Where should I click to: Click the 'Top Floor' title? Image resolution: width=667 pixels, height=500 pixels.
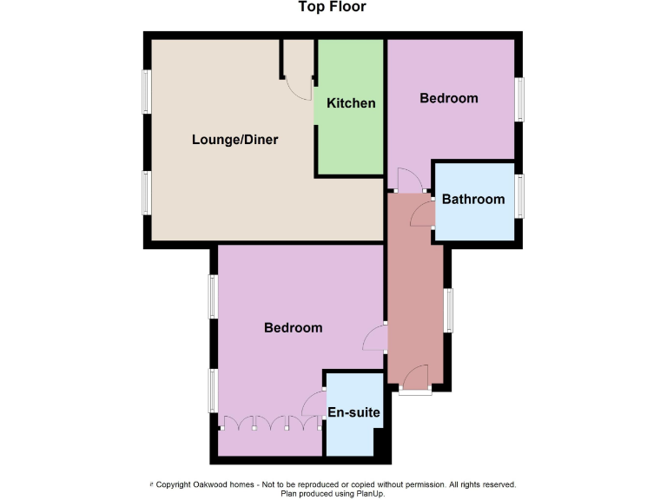[333, 8]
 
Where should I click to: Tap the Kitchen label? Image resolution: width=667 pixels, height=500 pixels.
[351, 103]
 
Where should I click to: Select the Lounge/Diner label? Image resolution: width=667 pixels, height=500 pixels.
[234, 139]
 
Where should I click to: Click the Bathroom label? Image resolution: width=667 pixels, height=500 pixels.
[473, 199]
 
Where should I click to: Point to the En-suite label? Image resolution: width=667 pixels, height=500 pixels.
[353, 413]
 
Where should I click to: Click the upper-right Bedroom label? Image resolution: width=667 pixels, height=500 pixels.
[449, 98]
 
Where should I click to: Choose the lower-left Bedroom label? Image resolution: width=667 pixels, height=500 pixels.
[294, 327]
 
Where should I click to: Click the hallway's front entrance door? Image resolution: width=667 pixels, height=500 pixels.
[416, 378]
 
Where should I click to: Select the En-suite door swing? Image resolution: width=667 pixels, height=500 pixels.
[314, 404]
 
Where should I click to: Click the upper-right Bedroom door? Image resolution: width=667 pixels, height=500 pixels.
[409, 180]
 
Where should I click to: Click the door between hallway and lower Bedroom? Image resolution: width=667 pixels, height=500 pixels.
[375, 338]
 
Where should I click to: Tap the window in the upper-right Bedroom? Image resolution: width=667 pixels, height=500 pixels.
[519, 100]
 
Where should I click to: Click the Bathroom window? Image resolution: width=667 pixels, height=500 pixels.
[519, 195]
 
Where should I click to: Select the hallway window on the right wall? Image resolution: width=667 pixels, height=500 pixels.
[448, 310]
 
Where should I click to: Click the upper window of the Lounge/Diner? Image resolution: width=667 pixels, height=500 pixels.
[147, 91]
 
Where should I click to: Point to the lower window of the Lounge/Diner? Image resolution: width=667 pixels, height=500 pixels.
[147, 192]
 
